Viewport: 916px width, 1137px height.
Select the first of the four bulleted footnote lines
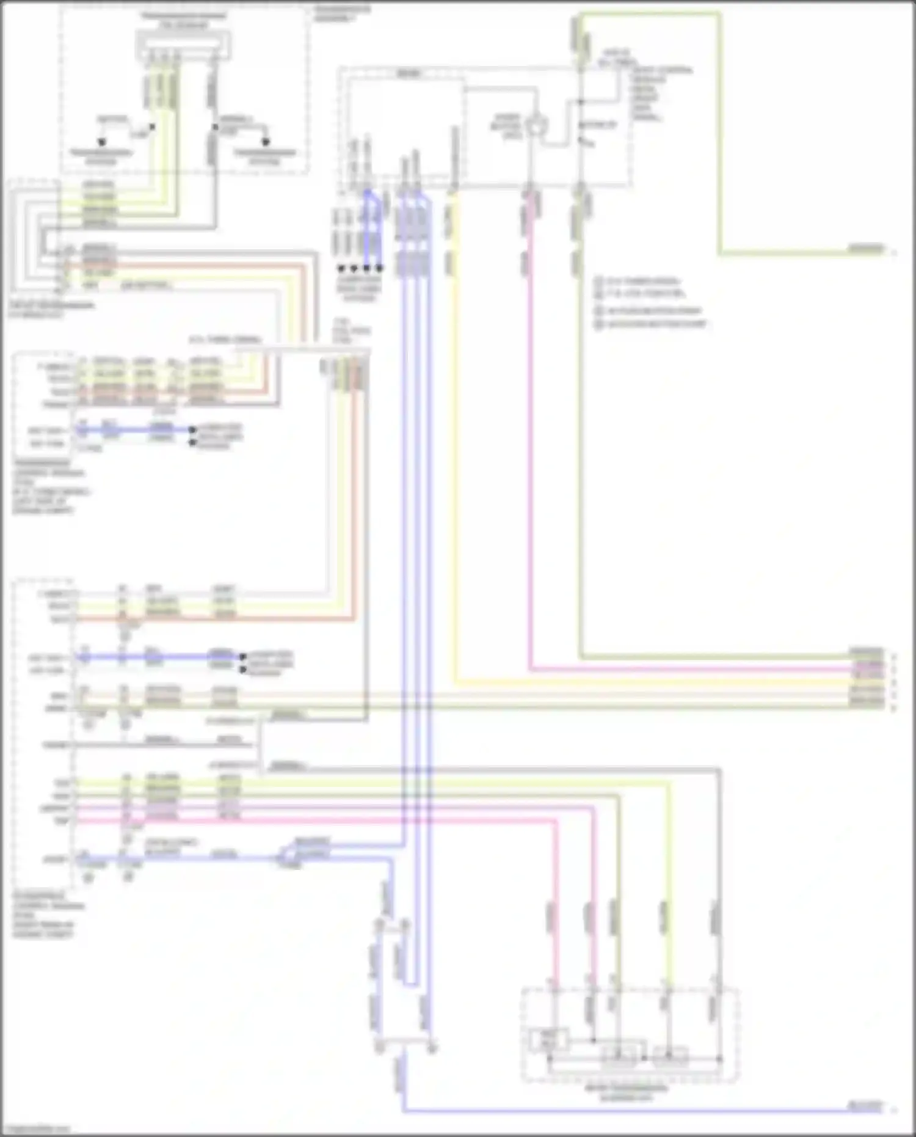[x=638, y=282]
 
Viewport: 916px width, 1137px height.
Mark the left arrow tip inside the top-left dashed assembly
[x=101, y=142]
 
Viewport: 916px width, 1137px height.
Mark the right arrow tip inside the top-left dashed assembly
[x=266, y=142]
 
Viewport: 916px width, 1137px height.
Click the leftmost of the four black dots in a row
[x=341, y=268]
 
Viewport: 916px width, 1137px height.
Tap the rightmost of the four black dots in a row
[x=379, y=268]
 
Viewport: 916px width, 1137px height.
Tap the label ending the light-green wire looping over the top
[x=866, y=249]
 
